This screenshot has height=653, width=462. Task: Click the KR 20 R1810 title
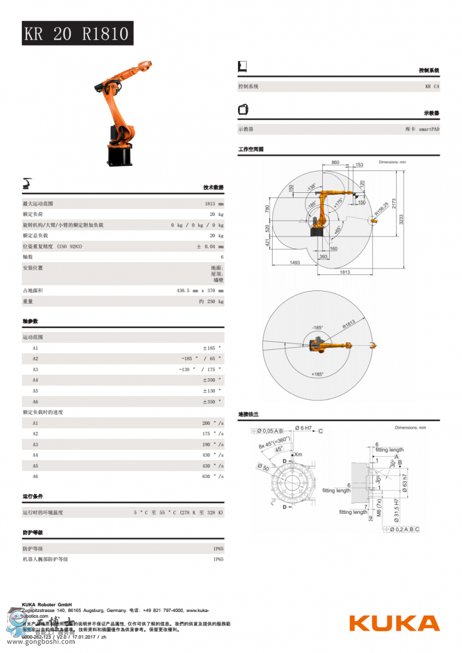pyautogui.click(x=76, y=33)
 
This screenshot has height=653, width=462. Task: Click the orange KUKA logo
pyautogui.click(x=394, y=624)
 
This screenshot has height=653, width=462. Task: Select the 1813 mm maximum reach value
pyautogui.click(x=214, y=204)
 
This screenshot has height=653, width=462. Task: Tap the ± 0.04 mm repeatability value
pyautogui.click(x=210, y=247)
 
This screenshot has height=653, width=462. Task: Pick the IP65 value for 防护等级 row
pyautogui.click(x=218, y=548)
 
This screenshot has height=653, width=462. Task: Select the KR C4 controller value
pyautogui.click(x=432, y=87)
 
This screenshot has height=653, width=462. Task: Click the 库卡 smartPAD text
pyautogui.click(x=422, y=129)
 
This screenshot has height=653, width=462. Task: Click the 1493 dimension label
pyautogui.click(x=294, y=263)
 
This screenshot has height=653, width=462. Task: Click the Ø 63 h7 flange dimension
pyautogui.click(x=404, y=483)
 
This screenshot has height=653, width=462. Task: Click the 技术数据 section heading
pyautogui.click(x=213, y=188)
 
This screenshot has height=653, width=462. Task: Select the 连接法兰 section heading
pyautogui.click(x=248, y=415)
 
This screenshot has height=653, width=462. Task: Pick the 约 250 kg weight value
pyautogui.click(x=211, y=301)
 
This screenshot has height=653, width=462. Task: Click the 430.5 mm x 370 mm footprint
pyautogui.click(x=200, y=290)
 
